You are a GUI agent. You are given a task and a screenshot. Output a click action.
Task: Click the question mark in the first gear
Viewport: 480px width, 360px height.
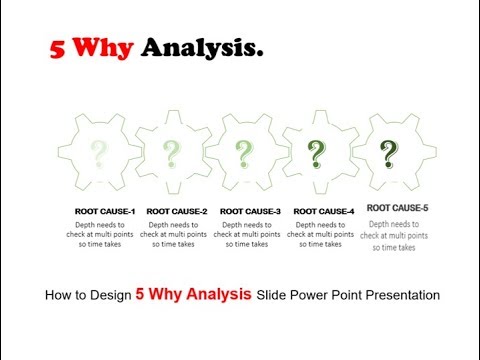(x=99, y=154)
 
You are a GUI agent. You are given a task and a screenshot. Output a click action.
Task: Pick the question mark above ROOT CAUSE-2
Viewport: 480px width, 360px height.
(x=172, y=154)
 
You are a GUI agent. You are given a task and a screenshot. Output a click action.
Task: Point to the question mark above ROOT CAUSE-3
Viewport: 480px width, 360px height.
(x=245, y=154)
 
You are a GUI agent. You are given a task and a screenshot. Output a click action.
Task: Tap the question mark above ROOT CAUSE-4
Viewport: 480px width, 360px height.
(x=317, y=154)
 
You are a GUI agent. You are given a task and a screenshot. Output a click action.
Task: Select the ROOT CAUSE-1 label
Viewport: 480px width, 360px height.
(x=105, y=211)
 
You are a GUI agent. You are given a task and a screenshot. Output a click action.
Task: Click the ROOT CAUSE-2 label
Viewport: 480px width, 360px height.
(x=177, y=211)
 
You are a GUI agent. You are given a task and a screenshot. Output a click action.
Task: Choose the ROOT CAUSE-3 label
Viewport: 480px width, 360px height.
(x=250, y=211)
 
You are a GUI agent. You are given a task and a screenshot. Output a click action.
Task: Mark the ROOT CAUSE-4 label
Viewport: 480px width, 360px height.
(x=324, y=211)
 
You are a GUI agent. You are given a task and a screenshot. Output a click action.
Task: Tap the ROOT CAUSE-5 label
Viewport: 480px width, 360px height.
(x=397, y=208)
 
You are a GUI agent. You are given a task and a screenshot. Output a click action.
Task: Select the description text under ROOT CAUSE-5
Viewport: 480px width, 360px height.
(x=397, y=235)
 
